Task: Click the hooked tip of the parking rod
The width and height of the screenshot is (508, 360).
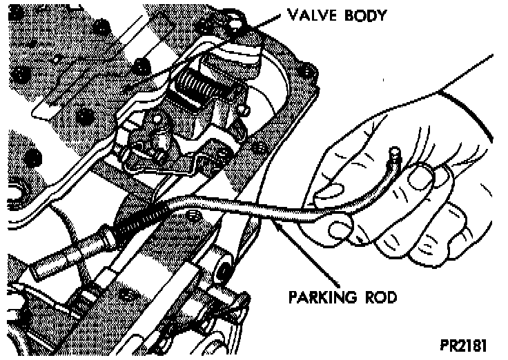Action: pyautogui.click(x=395, y=152)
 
